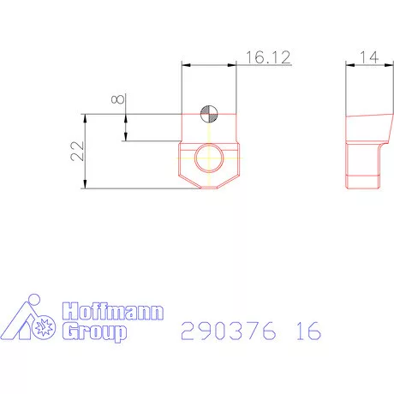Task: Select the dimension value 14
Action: pos(368,57)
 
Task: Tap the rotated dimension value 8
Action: pos(119,99)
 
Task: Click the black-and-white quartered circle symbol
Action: pos(209,113)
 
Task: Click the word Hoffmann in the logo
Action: pos(111,313)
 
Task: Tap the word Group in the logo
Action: pos(97,331)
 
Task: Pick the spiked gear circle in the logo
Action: pos(45,326)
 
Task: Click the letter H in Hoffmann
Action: pos(70,313)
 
